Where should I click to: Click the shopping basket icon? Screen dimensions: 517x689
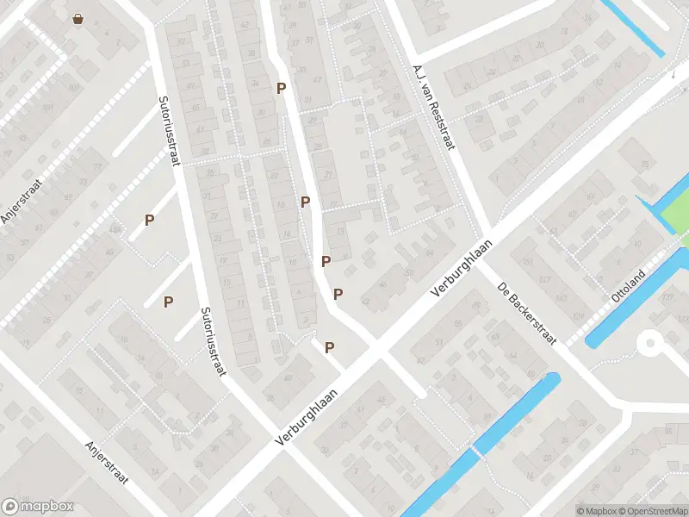[78, 18]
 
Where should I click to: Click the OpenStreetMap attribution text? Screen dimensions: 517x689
[646, 511]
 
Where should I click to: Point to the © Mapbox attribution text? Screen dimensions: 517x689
[595, 511]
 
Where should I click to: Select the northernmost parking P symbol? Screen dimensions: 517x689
[281, 88]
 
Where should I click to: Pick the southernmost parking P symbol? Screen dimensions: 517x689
[329, 347]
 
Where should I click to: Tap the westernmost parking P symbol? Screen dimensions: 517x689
[150, 220]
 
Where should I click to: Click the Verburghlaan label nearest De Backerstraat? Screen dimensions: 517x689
[461, 270]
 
